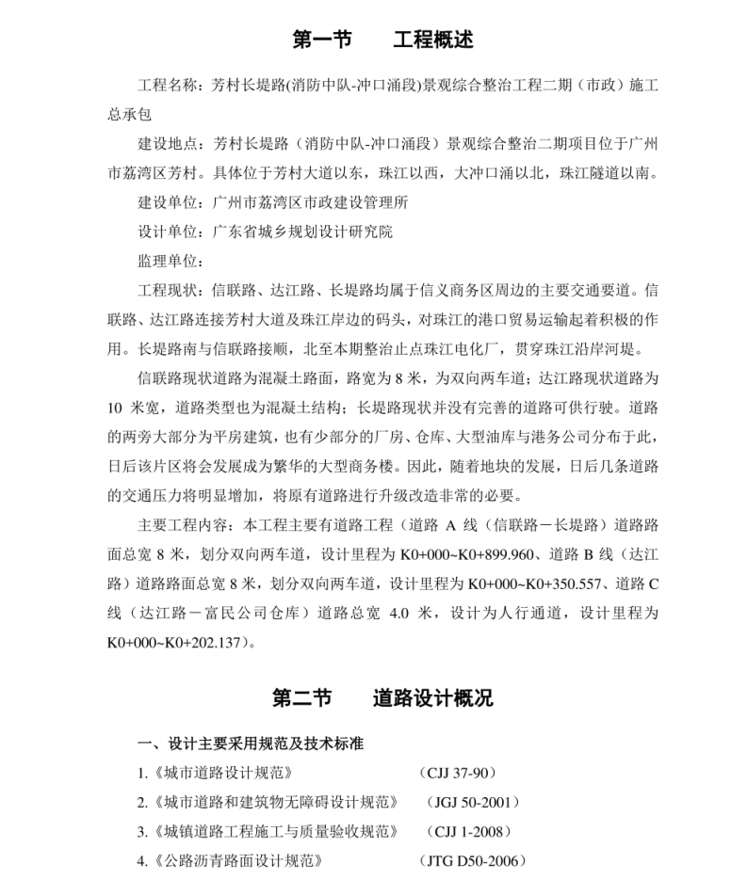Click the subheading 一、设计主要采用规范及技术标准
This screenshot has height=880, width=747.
251,744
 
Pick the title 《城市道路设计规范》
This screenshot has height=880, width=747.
216,773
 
